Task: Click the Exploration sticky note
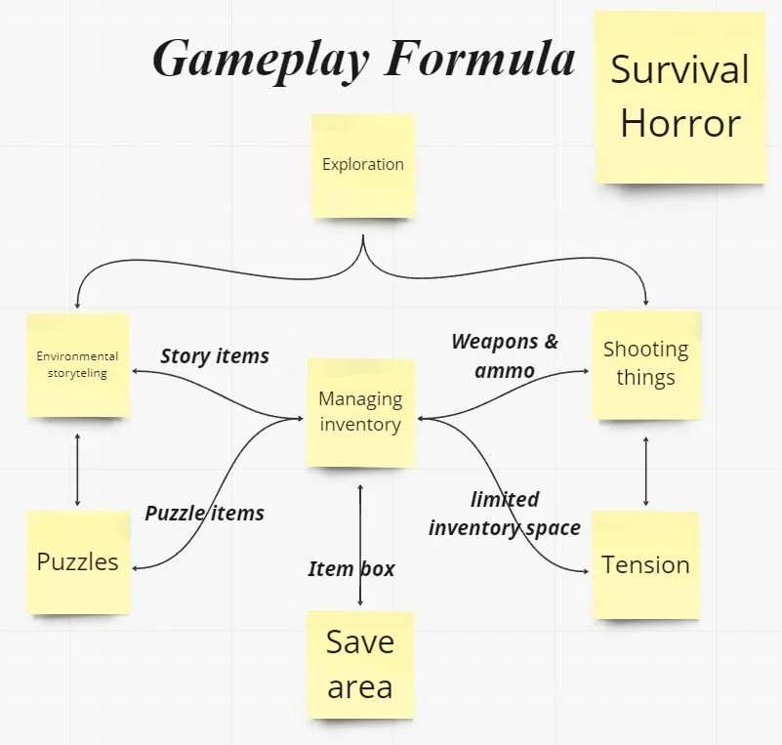coord(363,165)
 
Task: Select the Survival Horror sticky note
coord(679,97)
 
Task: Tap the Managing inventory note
coord(360,411)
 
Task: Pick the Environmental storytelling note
coord(78,364)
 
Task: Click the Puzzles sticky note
coord(78,561)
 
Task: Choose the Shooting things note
coord(646,364)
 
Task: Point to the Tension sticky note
coord(645,564)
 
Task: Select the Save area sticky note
coord(360,664)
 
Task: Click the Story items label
coord(215,356)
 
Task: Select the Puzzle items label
coord(204,513)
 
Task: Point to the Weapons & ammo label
coord(505,355)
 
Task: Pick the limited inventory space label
coord(505,515)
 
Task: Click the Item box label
coord(351,569)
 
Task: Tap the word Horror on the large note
coord(680,124)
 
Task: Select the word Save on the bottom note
coord(360,642)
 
